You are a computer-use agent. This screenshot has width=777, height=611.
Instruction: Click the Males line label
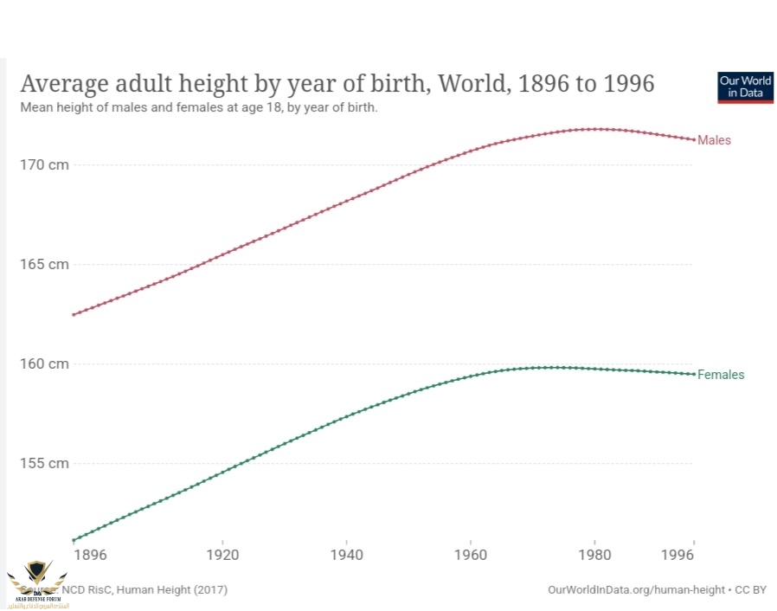(x=714, y=140)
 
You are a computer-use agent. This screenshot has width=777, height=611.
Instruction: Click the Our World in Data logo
(x=745, y=87)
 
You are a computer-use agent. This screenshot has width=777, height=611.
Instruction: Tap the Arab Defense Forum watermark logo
(x=37, y=582)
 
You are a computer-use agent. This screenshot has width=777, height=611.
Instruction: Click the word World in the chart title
(x=473, y=84)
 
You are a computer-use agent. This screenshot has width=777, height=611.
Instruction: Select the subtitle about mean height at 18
(x=199, y=108)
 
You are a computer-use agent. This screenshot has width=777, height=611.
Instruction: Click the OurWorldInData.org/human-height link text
(x=637, y=589)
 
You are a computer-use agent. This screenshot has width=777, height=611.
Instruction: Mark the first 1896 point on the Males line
(x=74, y=314)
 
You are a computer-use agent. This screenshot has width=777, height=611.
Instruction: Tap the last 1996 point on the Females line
(x=693, y=374)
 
